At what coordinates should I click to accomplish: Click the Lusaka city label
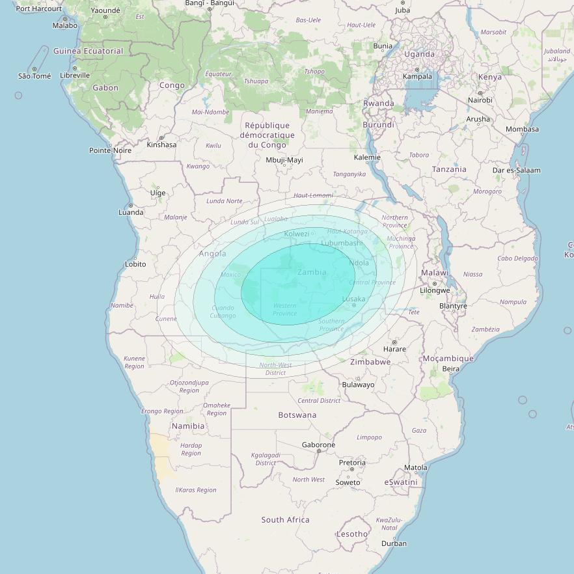(354, 299)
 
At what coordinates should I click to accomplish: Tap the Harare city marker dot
(394, 342)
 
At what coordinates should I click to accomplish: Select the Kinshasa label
(161, 144)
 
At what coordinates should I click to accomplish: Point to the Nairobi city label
(480, 100)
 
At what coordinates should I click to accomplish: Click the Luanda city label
(131, 212)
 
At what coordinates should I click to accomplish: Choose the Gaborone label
(318, 445)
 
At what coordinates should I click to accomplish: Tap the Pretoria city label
(352, 463)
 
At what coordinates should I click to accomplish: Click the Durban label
(394, 543)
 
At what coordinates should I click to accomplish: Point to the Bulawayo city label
(359, 385)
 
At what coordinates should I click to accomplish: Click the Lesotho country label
(351, 534)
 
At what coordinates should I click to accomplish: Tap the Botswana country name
(297, 415)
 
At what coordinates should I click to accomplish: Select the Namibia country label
(188, 426)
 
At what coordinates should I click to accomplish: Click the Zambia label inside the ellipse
(312, 272)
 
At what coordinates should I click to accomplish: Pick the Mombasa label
(522, 129)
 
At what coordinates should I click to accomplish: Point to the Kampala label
(417, 76)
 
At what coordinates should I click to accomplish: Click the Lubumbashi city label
(342, 243)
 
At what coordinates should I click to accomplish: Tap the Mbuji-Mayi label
(284, 160)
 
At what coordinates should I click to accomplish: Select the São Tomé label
(34, 76)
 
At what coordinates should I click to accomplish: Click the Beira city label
(450, 369)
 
